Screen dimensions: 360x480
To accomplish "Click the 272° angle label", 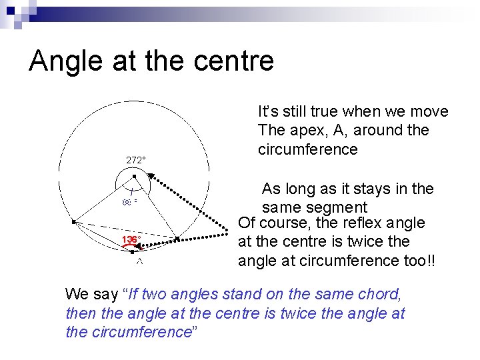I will (x=136, y=160).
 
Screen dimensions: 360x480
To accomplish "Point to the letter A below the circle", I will (x=140, y=262).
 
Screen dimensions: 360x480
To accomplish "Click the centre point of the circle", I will (x=134, y=177).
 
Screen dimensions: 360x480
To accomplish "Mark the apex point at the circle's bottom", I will (x=133, y=253).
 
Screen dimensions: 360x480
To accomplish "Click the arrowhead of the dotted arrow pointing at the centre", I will (x=151, y=175).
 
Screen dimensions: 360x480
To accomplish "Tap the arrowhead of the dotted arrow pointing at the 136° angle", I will (x=175, y=239).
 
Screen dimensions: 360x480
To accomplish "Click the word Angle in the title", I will (x=64, y=61).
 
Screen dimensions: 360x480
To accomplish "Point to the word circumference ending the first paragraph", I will (x=307, y=149).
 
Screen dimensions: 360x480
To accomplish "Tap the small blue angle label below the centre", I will (x=129, y=200).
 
